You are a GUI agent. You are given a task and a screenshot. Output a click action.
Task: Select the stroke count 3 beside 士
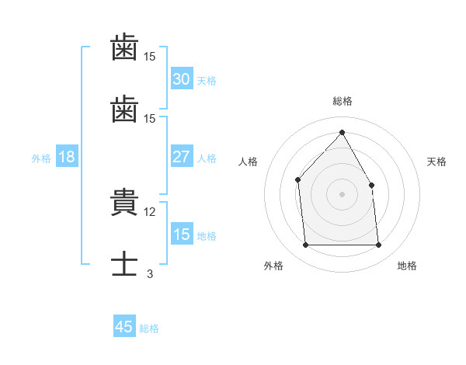click(150, 273)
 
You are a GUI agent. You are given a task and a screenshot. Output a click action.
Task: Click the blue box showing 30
click(181, 79)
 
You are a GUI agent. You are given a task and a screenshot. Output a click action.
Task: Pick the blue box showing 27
click(181, 157)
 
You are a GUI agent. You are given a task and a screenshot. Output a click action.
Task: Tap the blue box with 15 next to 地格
click(181, 235)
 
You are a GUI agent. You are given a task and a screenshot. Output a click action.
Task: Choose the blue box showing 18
click(67, 157)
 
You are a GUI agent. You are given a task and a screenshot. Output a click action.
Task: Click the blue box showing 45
click(124, 327)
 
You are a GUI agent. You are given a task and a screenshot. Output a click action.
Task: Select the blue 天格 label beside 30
click(207, 81)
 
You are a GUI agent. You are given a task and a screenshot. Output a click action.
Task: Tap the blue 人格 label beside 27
click(207, 158)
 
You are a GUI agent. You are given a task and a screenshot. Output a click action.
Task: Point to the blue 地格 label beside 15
click(207, 236)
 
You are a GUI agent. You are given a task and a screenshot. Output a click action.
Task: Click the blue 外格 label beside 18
click(41, 158)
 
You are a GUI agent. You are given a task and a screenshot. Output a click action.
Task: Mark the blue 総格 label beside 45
click(149, 328)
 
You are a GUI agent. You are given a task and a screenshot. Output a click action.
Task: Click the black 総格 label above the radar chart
click(342, 101)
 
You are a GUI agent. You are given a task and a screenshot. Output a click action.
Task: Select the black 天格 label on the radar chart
click(437, 162)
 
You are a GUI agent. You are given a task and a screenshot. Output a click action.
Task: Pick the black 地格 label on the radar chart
click(407, 266)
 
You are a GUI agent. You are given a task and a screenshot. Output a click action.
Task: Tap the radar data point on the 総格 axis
click(342, 133)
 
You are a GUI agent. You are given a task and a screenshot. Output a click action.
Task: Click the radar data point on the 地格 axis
click(379, 245)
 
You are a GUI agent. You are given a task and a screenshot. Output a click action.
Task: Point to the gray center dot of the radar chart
click(342, 194)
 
